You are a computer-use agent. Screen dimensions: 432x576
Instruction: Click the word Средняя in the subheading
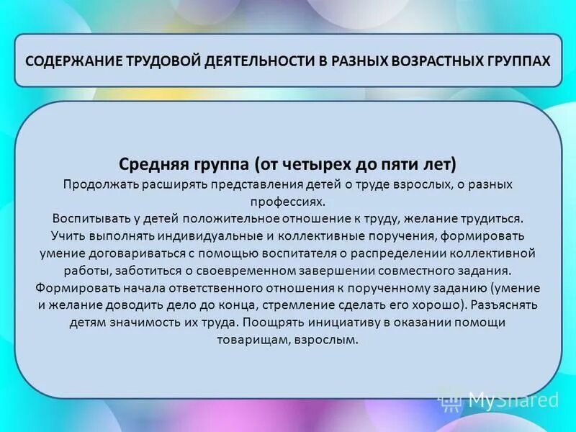pos(152,164)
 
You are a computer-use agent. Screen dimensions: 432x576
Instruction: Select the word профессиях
pos(287,202)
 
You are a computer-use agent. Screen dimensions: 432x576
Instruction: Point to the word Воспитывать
pos(87,218)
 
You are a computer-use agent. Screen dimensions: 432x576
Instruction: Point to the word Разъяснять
pos(508,305)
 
